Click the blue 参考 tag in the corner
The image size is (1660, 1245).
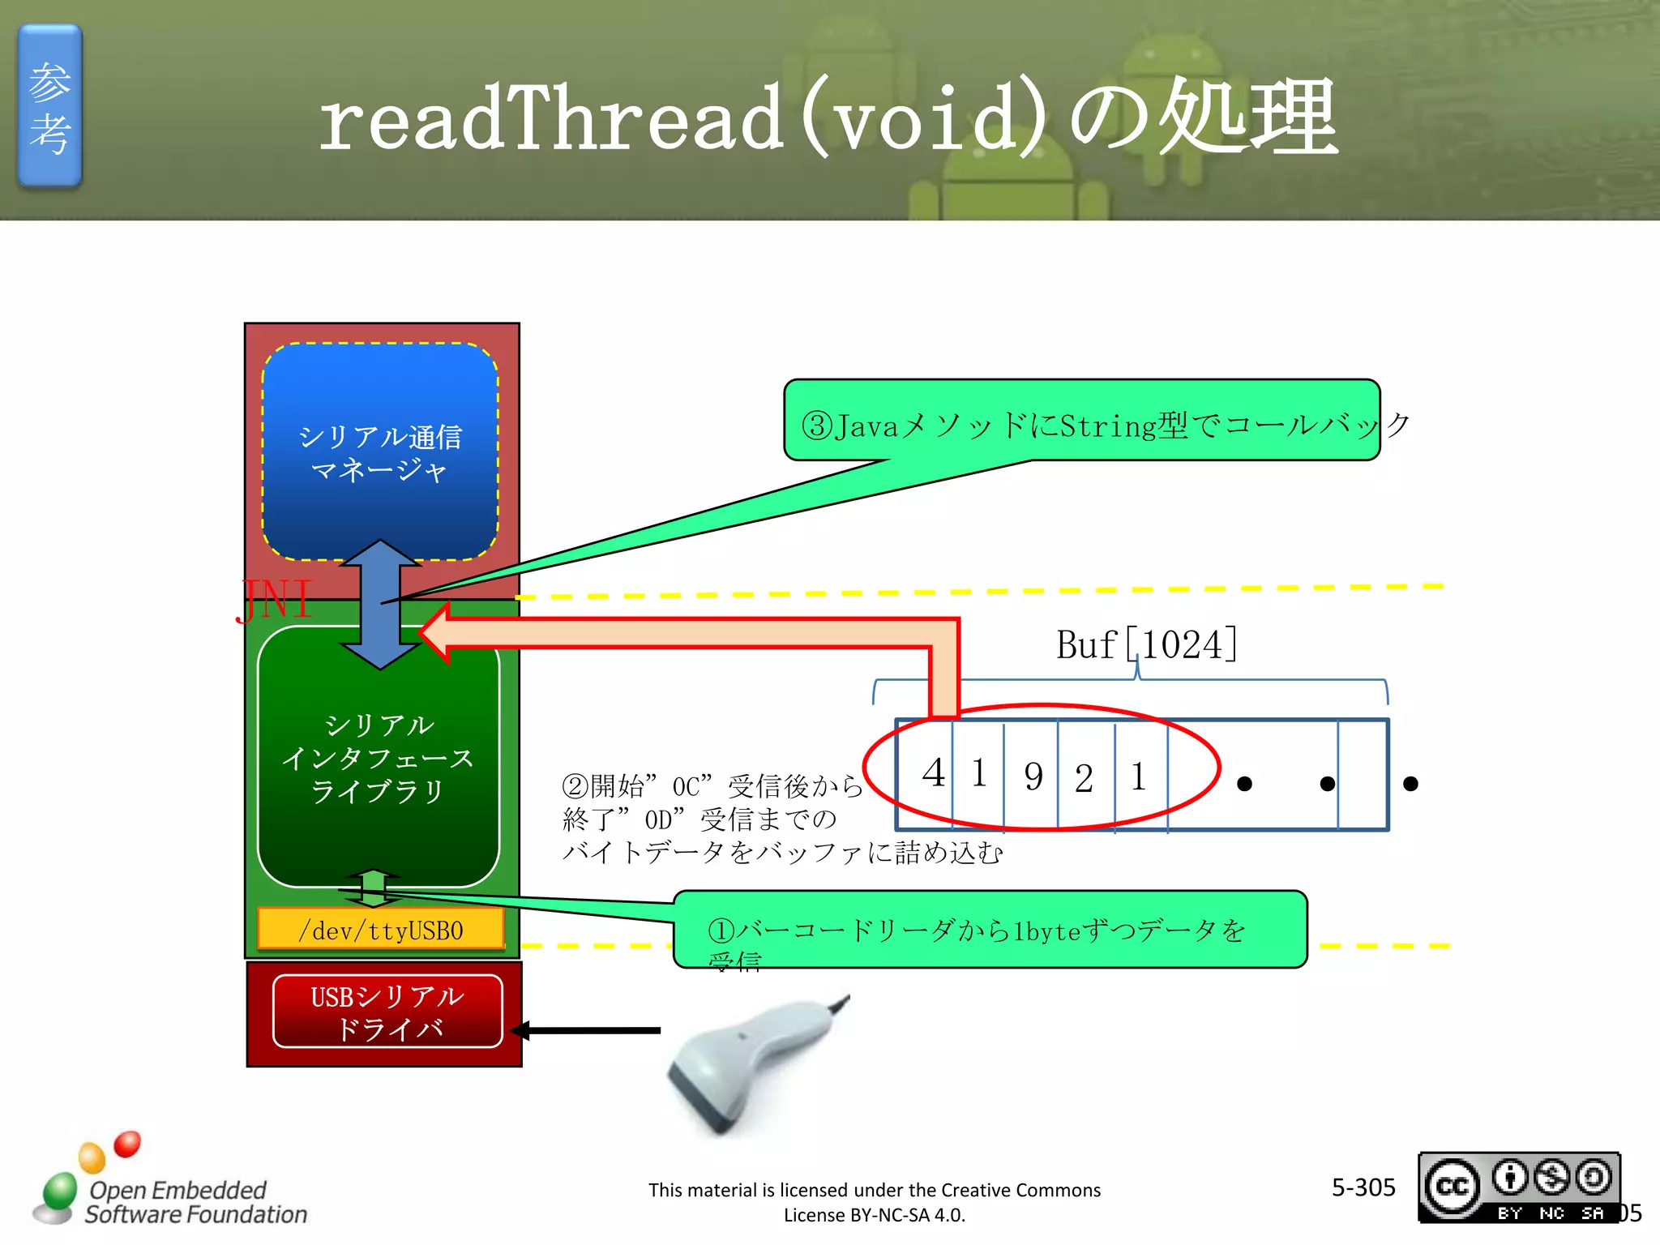[49, 106]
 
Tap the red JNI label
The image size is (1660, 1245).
[276, 601]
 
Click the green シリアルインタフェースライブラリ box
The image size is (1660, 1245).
[378, 758]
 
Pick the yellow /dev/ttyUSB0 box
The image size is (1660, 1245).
[380, 930]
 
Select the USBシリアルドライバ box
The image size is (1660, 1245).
[387, 1012]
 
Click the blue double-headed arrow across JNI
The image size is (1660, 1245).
[380, 604]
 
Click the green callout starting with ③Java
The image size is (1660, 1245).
[1081, 421]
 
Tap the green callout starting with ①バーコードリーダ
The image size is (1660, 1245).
[989, 930]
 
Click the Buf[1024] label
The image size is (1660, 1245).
[1145, 645]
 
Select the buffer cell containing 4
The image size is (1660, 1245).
[925, 775]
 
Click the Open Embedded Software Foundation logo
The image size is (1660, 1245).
[170, 1183]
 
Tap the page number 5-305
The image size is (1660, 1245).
[1363, 1187]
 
